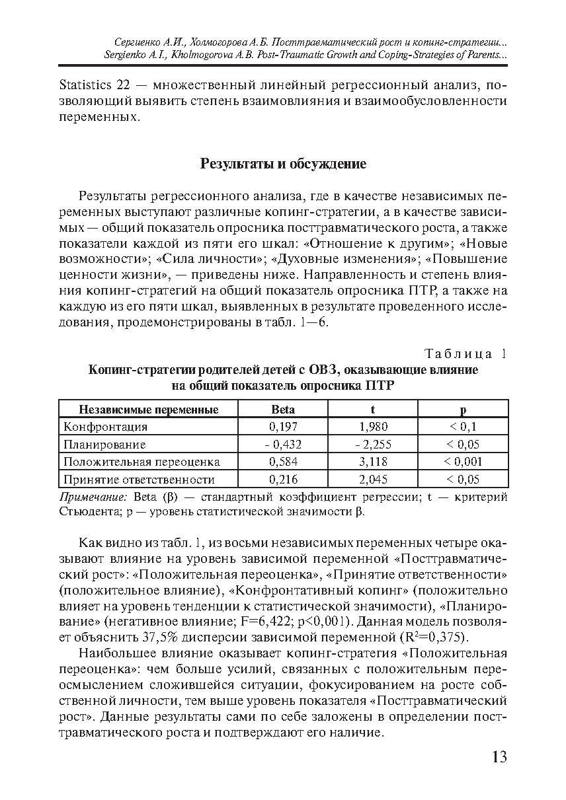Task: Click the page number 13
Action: click(499, 757)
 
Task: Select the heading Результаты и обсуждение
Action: click(283, 164)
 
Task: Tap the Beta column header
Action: click(284, 410)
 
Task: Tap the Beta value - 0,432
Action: click(283, 445)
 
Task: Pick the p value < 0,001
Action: click(463, 462)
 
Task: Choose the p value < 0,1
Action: click(463, 427)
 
